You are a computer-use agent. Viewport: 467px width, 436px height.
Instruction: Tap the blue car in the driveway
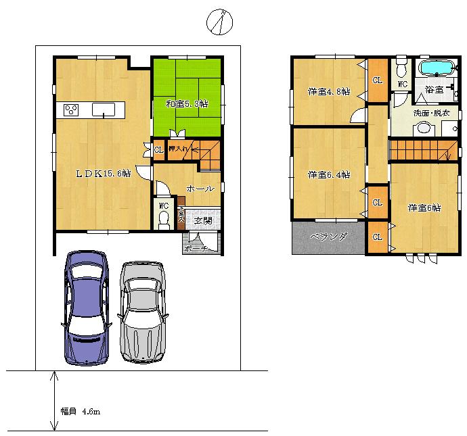tap(85, 307)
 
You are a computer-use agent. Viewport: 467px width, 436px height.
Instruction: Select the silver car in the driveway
tap(143, 311)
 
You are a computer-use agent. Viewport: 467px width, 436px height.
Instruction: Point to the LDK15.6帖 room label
tap(102, 173)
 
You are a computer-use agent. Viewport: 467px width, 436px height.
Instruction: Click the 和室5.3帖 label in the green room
tap(186, 104)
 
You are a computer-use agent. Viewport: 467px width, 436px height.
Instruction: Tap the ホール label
tap(200, 189)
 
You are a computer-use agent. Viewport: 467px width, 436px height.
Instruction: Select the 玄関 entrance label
tap(202, 220)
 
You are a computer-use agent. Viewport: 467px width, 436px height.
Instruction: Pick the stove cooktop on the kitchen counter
tap(72, 109)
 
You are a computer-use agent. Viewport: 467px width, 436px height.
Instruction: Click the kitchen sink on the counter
tap(104, 109)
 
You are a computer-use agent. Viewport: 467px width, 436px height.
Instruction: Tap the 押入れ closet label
tap(179, 149)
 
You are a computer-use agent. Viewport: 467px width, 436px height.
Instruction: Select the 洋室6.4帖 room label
tap(328, 175)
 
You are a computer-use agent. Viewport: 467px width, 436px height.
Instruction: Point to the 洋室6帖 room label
tap(424, 208)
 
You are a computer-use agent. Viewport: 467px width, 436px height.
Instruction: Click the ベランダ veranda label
tap(328, 237)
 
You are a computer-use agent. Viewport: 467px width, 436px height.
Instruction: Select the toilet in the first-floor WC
tap(164, 218)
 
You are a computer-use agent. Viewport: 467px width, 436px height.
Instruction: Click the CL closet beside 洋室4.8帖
tap(378, 80)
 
